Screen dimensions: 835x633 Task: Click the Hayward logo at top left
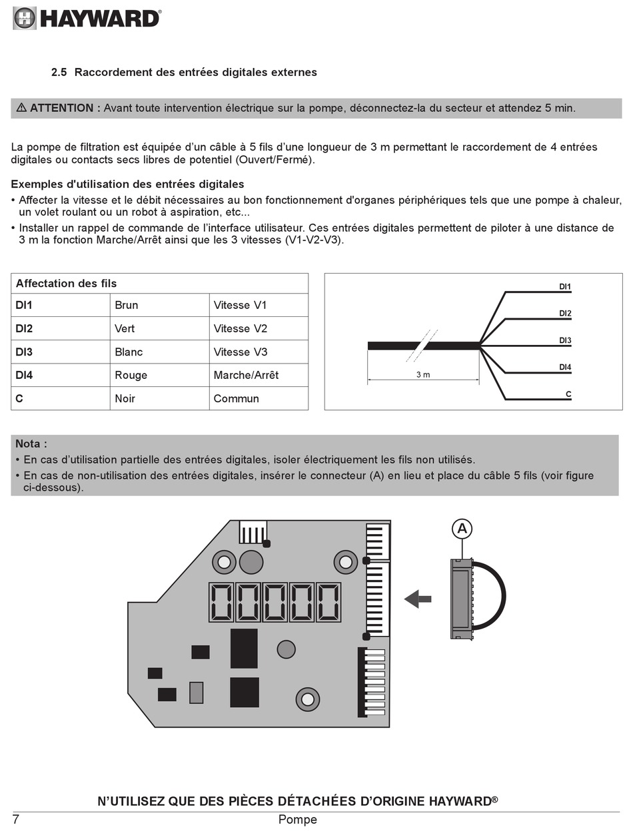pyautogui.click(x=87, y=18)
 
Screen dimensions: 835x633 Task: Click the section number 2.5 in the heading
pyautogui.click(x=59, y=72)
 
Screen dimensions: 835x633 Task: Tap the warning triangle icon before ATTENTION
pyautogui.click(x=21, y=108)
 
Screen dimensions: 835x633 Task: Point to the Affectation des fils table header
pyautogui.click(x=67, y=283)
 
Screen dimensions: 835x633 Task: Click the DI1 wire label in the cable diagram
pyautogui.click(x=564, y=287)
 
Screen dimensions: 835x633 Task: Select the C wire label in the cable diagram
pyautogui.click(x=568, y=394)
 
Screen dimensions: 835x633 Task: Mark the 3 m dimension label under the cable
pyautogui.click(x=423, y=374)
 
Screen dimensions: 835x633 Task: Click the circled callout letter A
pyautogui.click(x=462, y=529)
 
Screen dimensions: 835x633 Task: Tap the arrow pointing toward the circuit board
pyautogui.click(x=418, y=599)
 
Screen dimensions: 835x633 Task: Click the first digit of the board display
pyautogui.click(x=221, y=602)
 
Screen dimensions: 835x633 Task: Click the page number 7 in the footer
pyautogui.click(x=16, y=820)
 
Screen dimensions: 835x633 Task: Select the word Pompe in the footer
pyautogui.click(x=297, y=820)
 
